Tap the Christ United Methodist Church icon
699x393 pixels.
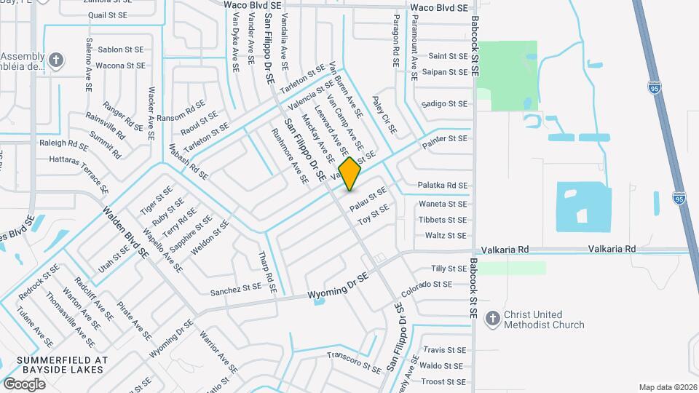(494, 319)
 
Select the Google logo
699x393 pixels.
(24, 384)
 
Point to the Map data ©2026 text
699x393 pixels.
(668, 387)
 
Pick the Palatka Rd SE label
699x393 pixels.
(443, 186)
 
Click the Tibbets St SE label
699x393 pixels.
(443, 220)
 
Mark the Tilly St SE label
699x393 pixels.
(449, 269)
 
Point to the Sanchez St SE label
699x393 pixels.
(235, 288)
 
